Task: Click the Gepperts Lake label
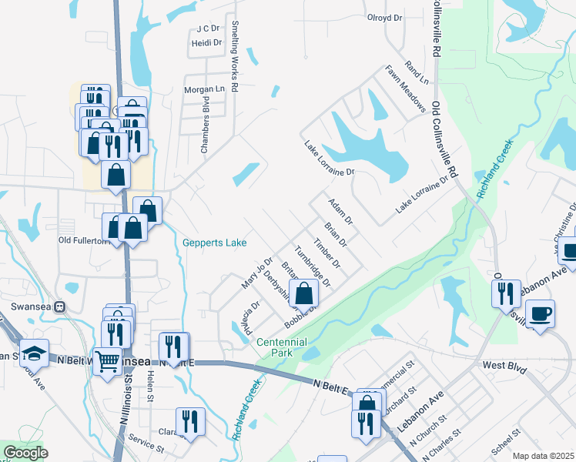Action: [215, 243]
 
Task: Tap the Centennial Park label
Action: [281, 347]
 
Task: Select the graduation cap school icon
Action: [35, 353]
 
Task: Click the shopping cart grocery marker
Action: [108, 360]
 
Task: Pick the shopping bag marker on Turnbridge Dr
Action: [306, 293]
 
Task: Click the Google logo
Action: [25, 453]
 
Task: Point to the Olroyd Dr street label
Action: [385, 18]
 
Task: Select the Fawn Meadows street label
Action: [406, 88]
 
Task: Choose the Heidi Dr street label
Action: [206, 43]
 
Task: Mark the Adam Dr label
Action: [340, 211]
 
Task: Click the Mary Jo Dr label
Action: [257, 273]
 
